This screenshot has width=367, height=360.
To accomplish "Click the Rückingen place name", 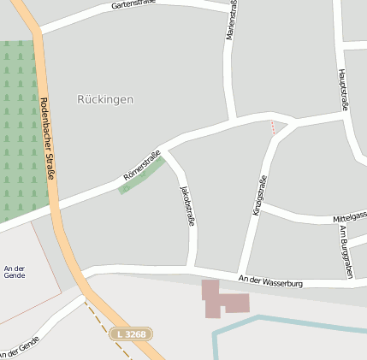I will [x=105, y=99].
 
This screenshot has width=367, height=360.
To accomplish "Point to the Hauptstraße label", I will [x=343, y=90].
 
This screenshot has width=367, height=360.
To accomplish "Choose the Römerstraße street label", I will [x=142, y=165].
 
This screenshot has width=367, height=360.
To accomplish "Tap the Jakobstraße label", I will [x=187, y=204].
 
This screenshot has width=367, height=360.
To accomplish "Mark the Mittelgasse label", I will [x=349, y=219].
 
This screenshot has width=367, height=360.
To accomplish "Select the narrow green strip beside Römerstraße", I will [x=140, y=175].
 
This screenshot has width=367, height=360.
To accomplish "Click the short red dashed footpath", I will [x=273, y=127].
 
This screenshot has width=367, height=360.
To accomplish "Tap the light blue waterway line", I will [x=282, y=318].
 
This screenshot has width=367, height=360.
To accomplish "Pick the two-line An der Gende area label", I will [x=15, y=273].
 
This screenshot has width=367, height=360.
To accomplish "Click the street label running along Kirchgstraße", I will [x=260, y=195].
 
